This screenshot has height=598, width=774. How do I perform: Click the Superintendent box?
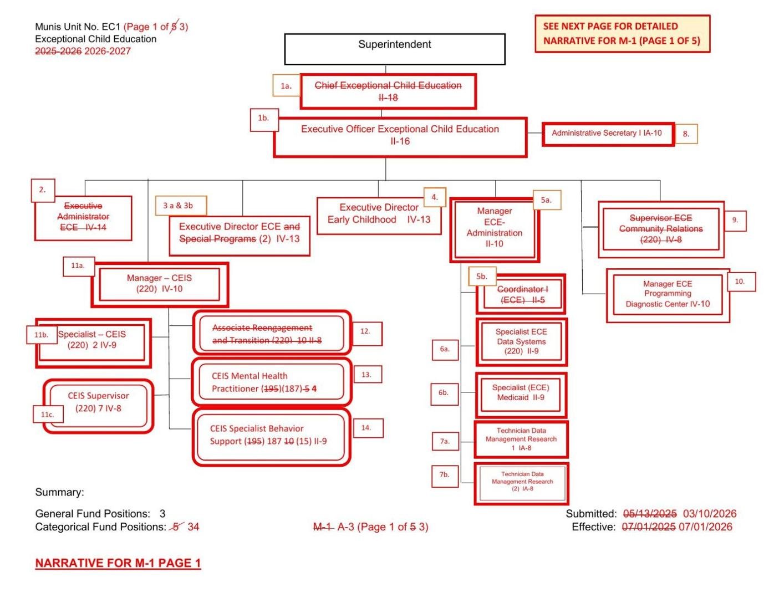point(394,49)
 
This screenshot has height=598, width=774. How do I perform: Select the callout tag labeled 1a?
point(286,85)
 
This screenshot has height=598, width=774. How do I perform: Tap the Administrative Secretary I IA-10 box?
point(608,134)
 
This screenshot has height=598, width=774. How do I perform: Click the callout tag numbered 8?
point(686,134)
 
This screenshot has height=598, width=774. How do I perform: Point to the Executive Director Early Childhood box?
point(379,214)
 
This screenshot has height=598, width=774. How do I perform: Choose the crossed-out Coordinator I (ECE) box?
point(521,294)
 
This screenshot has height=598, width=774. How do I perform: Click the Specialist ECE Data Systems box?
point(521,341)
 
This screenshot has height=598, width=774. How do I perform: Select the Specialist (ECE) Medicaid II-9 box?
point(521,393)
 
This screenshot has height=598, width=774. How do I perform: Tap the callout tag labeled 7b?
point(445,475)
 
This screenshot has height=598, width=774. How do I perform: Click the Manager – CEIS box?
point(159,284)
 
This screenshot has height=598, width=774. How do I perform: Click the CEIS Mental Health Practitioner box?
point(271,382)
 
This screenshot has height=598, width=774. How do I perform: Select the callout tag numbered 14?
point(366,427)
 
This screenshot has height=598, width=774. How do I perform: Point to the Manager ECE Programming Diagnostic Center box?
point(668,294)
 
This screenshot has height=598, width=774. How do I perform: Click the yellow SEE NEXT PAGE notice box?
point(622,34)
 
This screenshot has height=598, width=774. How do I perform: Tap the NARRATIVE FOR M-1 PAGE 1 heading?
point(118,563)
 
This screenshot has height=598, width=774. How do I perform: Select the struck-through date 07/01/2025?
point(648,527)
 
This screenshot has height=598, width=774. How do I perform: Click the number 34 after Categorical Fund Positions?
point(193,527)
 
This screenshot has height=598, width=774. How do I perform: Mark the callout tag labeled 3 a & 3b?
point(181,206)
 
